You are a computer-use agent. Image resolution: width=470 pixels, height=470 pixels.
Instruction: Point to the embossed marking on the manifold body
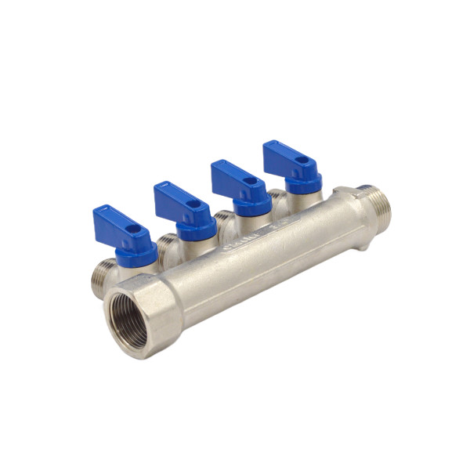[x=251, y=238]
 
